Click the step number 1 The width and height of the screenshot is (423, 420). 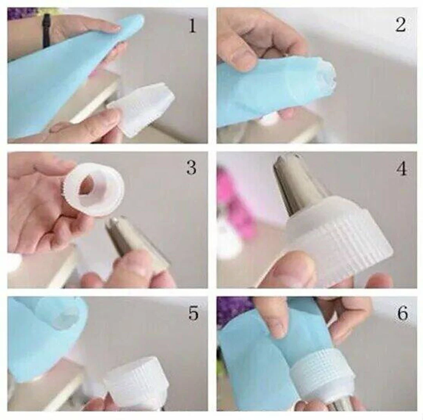click(x=192, y=26)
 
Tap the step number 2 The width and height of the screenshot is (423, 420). click(x=401, y=25)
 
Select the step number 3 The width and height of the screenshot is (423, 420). click(x=191, y=168)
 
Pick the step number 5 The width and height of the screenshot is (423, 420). click(x=193, y=313)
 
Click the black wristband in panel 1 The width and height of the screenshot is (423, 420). click(x=46, y=30)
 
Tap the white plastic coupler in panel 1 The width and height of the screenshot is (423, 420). click(x=142, y=109)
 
